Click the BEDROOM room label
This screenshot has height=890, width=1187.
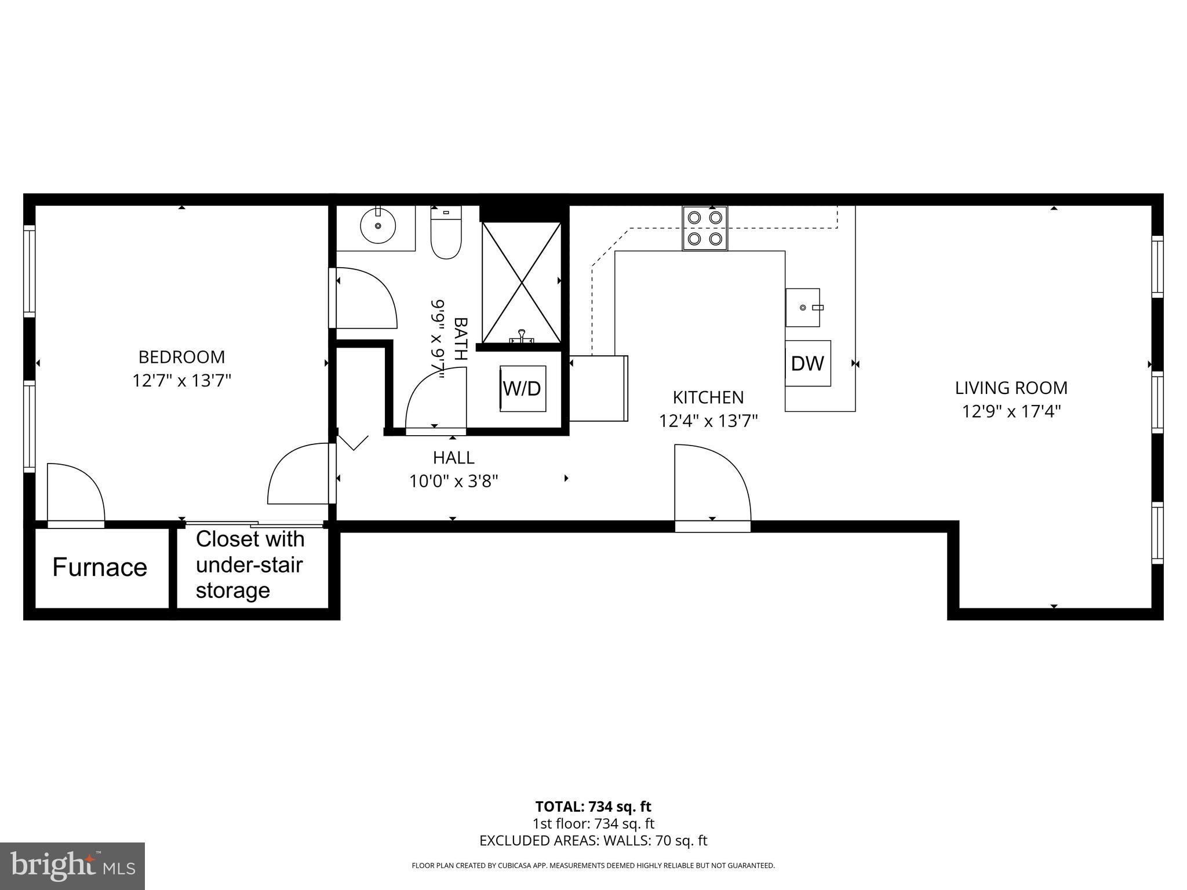click(x=181, y=356)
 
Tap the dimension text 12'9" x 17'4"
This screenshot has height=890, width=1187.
click(x=1011, y=411)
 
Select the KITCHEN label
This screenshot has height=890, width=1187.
click(x=708, y=397)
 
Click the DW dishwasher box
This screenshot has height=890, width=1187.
click(x=807, y=363)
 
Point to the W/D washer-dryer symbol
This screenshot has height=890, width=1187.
click(x=523, y=388)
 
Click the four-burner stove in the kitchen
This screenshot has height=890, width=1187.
click(x=705, y=228)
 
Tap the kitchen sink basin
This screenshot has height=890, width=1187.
click(x=803, y=307)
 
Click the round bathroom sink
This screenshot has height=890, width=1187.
click(x=378, y=225)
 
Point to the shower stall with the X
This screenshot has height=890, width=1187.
click(x=522, y=282)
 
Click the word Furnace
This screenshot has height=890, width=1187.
click(x=100, y=567)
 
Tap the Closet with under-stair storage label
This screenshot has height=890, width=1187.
click(x=250, y=565)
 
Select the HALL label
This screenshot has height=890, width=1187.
click(x=454, y=458)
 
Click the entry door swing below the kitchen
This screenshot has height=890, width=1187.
click(x=712, y=484)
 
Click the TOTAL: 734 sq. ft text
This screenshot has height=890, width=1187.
click(x=593, y=807)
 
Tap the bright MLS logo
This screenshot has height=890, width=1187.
click(x=72, y=866)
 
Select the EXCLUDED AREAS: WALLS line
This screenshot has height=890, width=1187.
click(x=593, y=841)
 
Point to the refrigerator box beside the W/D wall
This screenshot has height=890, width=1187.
click(x=598, y=388)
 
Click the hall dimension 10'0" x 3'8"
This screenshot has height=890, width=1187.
click(x=454, y=482)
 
